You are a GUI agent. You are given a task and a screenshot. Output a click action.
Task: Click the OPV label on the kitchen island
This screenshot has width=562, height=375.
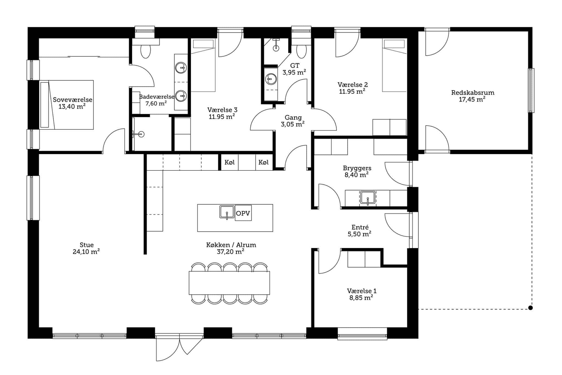pos(243,213)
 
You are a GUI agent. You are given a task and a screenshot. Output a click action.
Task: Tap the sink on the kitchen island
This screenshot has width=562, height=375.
pos(227,212)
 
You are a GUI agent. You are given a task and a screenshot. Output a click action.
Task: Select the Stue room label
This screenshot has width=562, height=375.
pos(87,245)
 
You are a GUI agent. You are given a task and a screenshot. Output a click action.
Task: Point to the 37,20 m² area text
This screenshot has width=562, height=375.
pos(231,251)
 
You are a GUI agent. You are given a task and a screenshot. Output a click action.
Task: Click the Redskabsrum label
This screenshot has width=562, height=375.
pos(473,93)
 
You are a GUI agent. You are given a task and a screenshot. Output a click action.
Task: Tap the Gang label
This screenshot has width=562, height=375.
pos(293,118)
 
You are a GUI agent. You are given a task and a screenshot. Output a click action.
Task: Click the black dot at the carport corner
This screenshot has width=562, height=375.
pos(530,308)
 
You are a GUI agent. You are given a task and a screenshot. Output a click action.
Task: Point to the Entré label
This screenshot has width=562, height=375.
pos(360,227)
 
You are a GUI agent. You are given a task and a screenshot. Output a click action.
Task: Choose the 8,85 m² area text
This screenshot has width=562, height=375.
pos(361,298)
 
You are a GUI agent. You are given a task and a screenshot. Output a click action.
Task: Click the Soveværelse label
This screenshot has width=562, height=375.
pos(73,100)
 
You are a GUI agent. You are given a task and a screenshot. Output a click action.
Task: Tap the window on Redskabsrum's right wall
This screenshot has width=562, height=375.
pos(532,90)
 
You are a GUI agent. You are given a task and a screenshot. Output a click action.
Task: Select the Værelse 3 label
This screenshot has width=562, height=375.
pos(222,110)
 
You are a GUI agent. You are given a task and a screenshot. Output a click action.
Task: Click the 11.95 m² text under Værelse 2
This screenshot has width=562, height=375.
pos(352,91)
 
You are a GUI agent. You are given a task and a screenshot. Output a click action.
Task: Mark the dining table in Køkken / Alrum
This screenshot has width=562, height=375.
pos(229,283)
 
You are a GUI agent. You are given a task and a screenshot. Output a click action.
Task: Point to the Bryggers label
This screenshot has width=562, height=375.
pos(357,168)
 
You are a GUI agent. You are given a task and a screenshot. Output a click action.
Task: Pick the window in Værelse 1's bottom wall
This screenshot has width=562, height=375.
pos(362,334)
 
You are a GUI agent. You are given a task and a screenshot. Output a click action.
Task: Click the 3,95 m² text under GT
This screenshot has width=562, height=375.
pos(294,72)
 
